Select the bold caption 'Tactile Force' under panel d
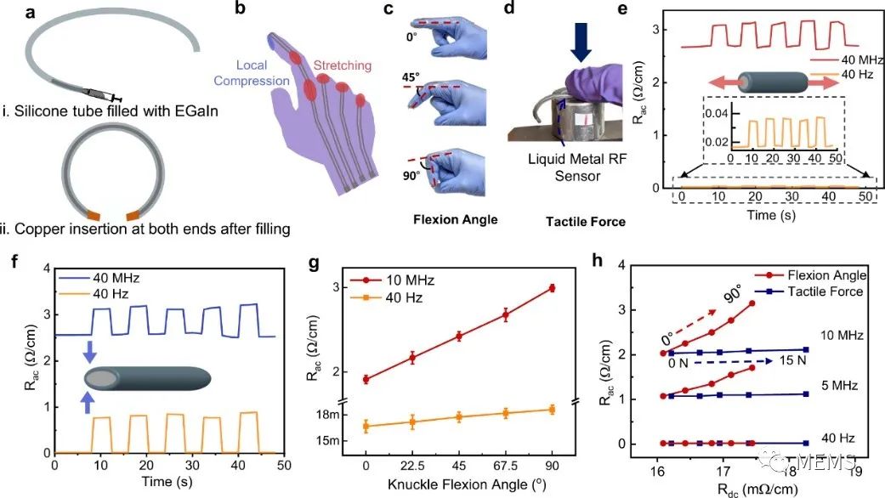[586, 221]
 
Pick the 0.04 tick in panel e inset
[717, 113]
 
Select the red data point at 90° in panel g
[552, 289]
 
